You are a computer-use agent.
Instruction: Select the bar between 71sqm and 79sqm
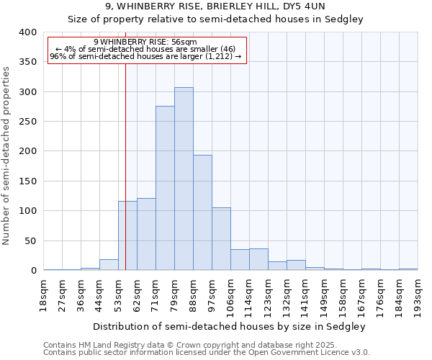165,188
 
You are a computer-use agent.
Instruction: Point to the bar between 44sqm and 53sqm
109,265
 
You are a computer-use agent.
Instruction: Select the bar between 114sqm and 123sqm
258,259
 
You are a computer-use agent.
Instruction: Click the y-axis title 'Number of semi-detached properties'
6,156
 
